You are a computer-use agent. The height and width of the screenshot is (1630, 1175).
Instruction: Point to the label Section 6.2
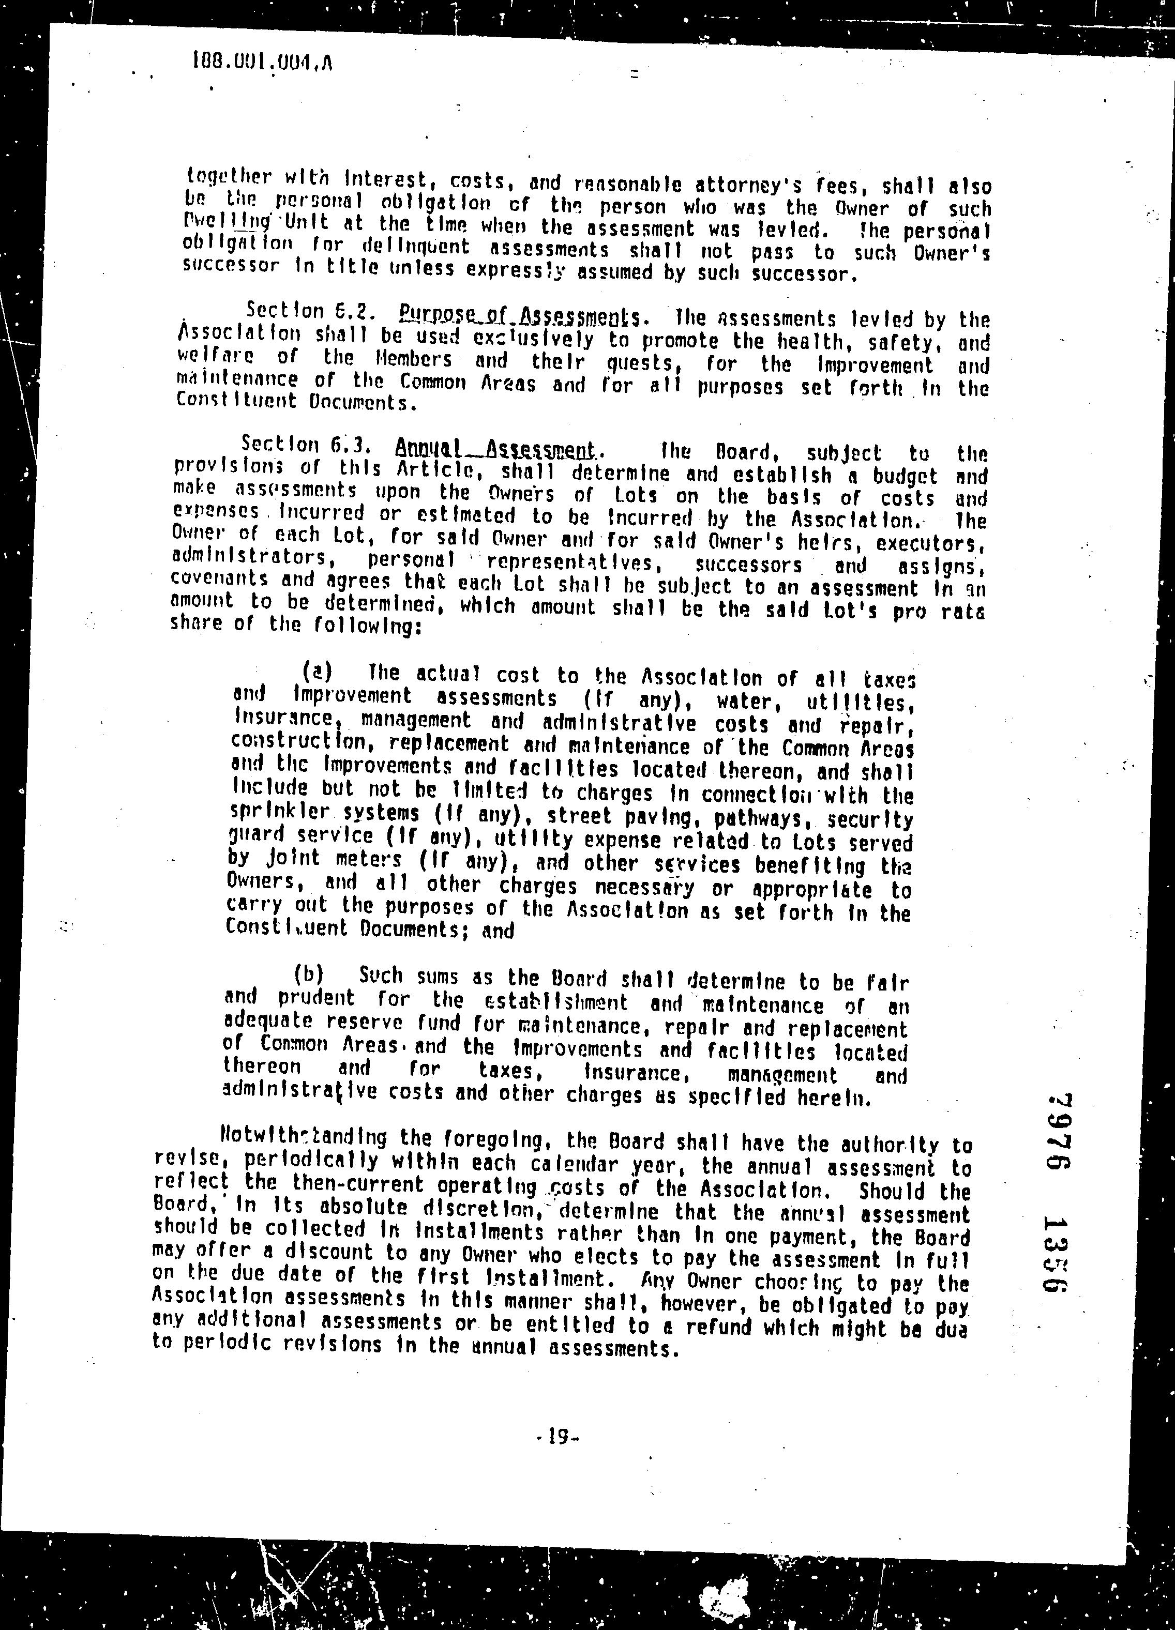pyautogui.click(x=308, y=311)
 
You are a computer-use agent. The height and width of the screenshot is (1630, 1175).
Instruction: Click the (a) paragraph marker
pyautogui.click(x=317, y=672)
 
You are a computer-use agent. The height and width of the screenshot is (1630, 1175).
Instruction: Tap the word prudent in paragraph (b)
pyautogui.click(x=317, y=998)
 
